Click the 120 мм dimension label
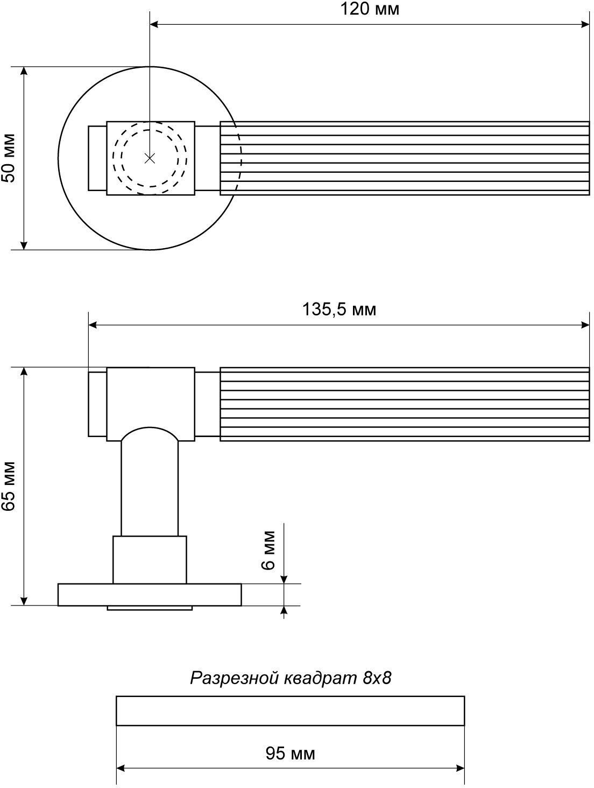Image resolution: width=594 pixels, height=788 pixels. (369, 9)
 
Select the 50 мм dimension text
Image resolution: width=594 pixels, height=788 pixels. (9, 158)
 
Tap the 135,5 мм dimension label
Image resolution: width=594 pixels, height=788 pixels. (340, 309)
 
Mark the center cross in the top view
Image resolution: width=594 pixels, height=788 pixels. (150, 158)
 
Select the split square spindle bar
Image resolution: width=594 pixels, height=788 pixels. (290, 711)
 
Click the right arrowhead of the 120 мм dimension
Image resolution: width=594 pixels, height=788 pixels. (585, 24)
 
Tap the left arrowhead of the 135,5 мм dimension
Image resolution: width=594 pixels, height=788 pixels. (93, 325)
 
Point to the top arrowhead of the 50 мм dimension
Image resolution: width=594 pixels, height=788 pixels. (24, 72)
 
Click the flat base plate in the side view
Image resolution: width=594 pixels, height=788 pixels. (150, 595)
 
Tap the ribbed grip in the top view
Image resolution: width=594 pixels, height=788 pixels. (405, 158)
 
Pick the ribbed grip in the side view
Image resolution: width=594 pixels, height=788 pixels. (405, 404)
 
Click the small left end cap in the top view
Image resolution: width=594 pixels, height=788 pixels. (97, 158)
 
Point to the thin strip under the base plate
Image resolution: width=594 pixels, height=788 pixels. (150, 608)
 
